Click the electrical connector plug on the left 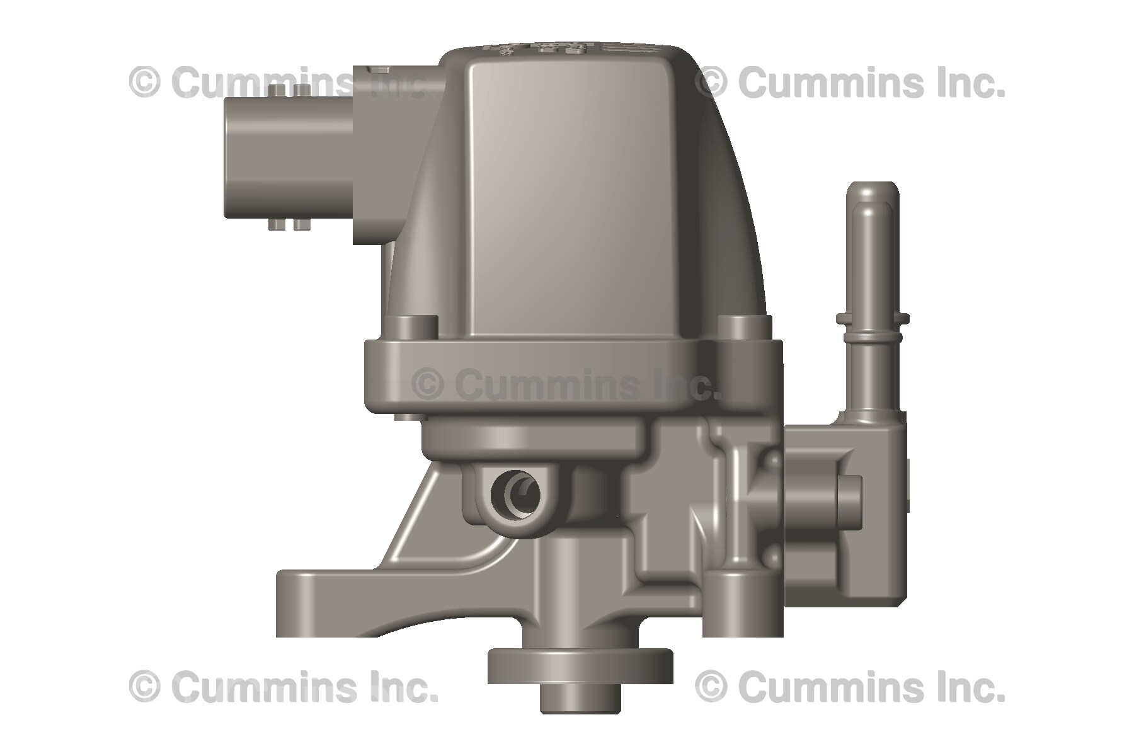(x=287, y=161)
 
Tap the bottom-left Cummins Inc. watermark (x=283, y=687)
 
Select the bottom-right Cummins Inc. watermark (x=850, y=687)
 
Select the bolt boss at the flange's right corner (x=744, y=328)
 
